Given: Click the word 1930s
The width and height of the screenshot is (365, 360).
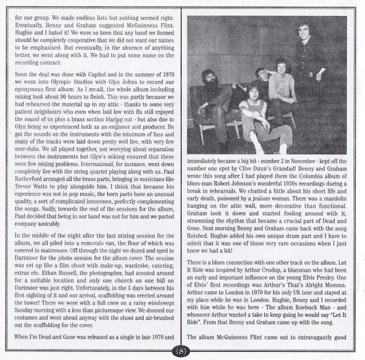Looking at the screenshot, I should tap(289, 195).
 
